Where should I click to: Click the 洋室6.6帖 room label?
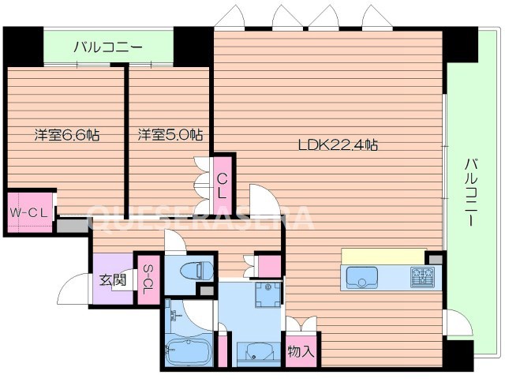click(66, 135)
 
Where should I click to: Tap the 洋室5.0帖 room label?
click(170, 135)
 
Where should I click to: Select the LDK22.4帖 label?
click(337, 144)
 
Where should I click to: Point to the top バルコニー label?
click(108, 47)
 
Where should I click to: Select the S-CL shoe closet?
click(147, 279)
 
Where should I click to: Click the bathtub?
click(188, 348)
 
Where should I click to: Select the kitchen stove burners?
click(421, 277)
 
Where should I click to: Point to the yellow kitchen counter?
click(383, 256)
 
